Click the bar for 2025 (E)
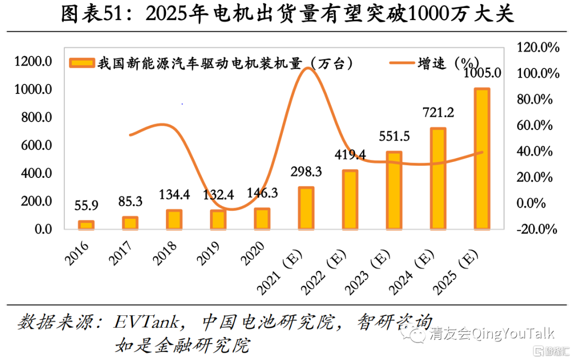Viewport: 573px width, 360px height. click(482, 159)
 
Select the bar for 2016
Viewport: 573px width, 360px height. click(86, 225)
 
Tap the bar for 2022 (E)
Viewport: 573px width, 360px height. click(350, 200)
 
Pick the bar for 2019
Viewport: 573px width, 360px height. click(218, 220)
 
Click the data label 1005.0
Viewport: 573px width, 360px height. click(482, 73)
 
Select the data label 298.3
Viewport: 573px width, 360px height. click(306, 172)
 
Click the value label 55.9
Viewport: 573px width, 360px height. click(86, 206)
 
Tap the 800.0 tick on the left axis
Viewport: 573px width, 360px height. click(33, 117)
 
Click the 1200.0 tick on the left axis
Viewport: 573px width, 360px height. click(33, 62)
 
